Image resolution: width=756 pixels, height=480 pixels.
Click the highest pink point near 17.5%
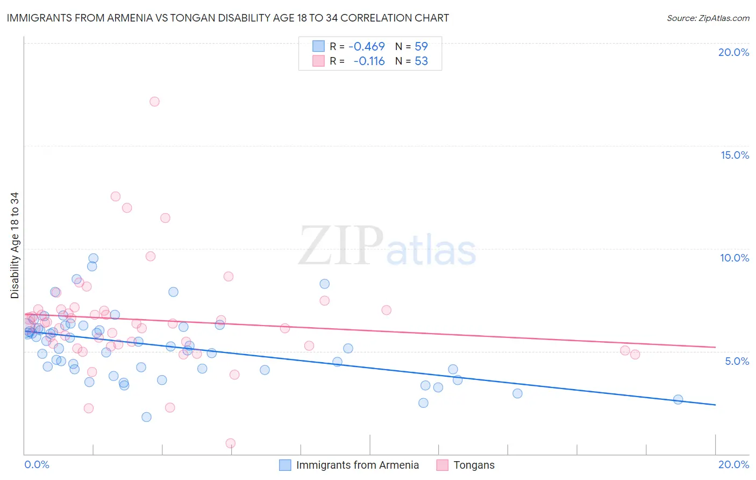[154, 101]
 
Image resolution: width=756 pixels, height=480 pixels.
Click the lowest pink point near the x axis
[230, 443]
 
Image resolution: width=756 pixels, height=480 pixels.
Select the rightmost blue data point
[678, 399]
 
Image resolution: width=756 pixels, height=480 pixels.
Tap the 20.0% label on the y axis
[733, 52]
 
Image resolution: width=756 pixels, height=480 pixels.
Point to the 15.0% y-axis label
[734, 155]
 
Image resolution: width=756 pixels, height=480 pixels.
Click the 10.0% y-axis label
[734, 258]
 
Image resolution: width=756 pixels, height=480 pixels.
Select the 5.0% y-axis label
[737, 361]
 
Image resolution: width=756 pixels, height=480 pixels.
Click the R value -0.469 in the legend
[367, 47]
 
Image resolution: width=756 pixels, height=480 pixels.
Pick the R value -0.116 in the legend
[369, 61]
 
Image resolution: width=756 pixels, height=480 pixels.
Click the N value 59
[421, 47]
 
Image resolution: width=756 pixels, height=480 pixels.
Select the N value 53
[421, 61]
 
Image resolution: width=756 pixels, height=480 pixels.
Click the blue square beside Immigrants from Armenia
[285, 465]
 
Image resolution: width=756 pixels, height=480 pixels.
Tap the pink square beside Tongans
[442, 465]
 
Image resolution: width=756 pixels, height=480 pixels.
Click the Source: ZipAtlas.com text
[708, 18]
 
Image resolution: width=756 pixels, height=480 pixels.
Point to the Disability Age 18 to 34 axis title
[15, 245]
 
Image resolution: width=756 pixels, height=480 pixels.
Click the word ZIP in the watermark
[341, 246]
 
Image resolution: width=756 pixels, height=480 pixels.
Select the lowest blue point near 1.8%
[146, 417]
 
